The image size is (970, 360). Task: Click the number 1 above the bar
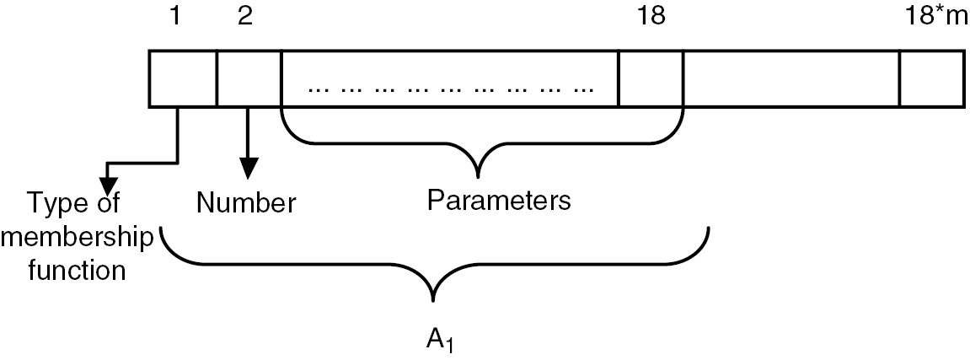[x=174, y=18]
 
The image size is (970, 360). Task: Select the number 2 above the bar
[x=244, y=18]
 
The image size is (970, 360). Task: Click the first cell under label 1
[x=183, y=79]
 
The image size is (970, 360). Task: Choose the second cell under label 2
[x=248, y=79]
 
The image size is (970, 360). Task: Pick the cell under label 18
[x=650, y=79]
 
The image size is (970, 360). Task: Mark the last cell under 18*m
[x=931, y=79]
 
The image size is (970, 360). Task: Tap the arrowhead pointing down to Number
[x=247, y=169]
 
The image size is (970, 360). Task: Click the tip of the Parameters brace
[x=479, y=176]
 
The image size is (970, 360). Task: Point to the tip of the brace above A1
[x=434, y=299]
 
